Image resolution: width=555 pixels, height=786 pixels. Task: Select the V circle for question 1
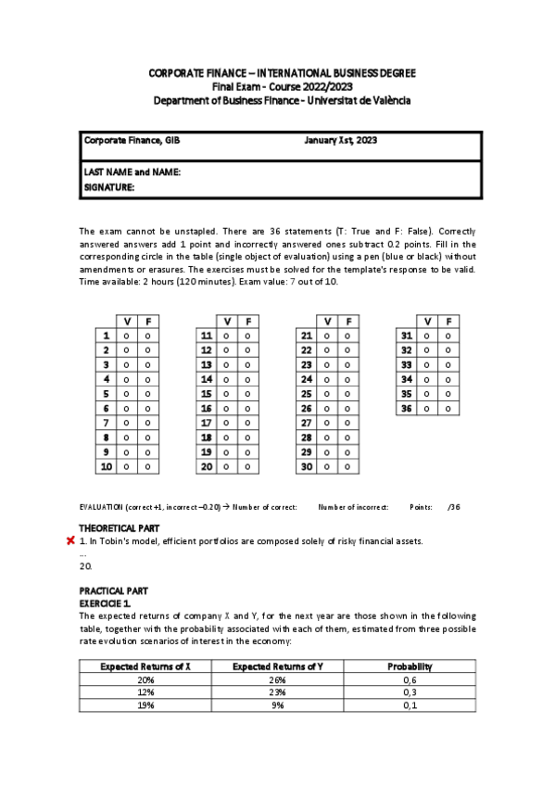pyautogui.click(x=126, y=336)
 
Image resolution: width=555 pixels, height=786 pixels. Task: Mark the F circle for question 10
pyautogui.click(x=148, y=467)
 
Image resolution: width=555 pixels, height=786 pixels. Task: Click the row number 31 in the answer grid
pyautogui.click(x=405, y=336)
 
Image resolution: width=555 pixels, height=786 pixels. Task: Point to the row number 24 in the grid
pyautogui.click(x=305, y=379)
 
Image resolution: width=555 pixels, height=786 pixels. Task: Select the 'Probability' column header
pyautogui.click(x=410, y=666)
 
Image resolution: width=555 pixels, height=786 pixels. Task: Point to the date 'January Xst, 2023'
pyautogui.click(x=340, y=140)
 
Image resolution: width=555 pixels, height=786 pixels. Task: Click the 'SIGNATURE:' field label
pyautogui.click(x=109, y=186)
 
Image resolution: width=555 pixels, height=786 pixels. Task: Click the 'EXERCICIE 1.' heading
pyautogui.click(x=106, y=602)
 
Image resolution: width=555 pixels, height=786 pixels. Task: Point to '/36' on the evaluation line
pyautogui.click(x=453, y=507)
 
